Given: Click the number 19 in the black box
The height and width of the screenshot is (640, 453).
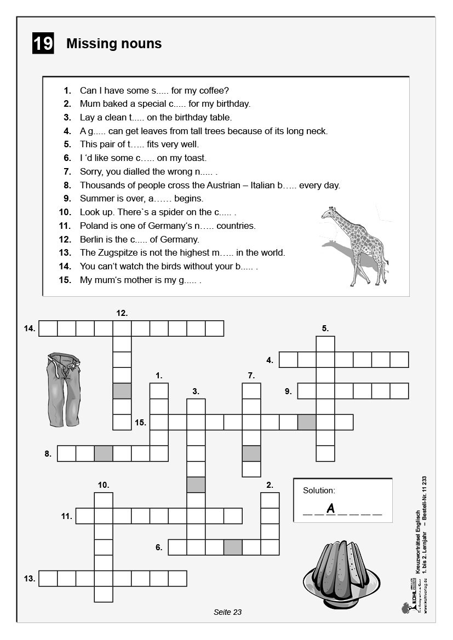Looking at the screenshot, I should click(x=43, y=44).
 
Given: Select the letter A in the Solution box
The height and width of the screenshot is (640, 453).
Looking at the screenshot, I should click(x=330, y=509).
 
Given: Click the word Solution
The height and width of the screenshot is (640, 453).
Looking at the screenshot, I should click(x=319, y=491).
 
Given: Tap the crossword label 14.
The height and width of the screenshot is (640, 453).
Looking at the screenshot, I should click(x=30, y=328).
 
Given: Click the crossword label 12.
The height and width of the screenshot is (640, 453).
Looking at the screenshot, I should click(x=122, y=313).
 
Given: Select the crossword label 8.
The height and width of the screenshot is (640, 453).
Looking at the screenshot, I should click(x=48, y=454).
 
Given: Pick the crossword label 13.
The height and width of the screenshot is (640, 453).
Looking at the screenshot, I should click(x=30, y=579).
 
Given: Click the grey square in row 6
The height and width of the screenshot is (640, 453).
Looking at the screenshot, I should click(x=233, y=547).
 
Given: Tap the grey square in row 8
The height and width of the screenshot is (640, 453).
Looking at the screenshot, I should click(x=104, y=454).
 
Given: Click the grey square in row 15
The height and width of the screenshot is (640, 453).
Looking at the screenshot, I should click(x=307, y=423).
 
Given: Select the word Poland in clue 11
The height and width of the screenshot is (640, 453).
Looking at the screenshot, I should click(x=94, y=226).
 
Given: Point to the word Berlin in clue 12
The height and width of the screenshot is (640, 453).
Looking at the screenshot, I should click(x=91, y=239).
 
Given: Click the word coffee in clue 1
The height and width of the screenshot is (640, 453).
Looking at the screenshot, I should click(x=210, y=90).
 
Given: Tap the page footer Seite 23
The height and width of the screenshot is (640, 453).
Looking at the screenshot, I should click(x=227, y=612).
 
